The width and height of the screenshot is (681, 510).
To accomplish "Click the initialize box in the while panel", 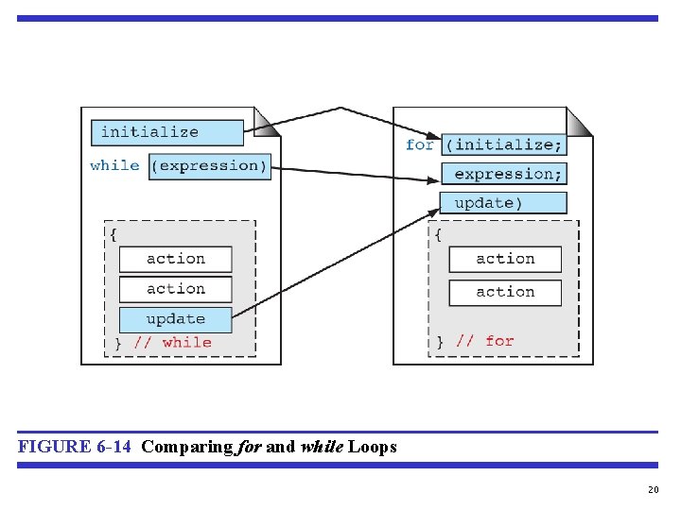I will coord(167,132).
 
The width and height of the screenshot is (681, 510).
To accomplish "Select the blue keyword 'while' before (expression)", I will coord(114,165).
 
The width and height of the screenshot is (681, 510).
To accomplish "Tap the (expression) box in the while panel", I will coord(210,166).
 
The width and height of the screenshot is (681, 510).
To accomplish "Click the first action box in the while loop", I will coord(175,259).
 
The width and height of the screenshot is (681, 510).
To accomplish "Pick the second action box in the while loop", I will coord(175,289).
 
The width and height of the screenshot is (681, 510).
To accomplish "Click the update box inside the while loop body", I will coord(175,319).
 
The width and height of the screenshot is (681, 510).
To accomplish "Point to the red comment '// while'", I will coord(172,343).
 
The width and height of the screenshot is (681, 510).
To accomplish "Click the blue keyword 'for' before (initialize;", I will coord(419,144).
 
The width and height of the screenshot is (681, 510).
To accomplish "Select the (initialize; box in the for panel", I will coord(504,144).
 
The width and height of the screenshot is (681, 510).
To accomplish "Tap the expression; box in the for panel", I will coord(504,174).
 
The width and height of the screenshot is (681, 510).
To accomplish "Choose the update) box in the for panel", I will coord(504,203).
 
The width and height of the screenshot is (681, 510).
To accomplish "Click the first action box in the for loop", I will coord(505,259).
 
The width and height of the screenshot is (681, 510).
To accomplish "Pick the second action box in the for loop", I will coord(505,293).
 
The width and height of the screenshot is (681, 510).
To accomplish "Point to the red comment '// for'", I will coord(484,341).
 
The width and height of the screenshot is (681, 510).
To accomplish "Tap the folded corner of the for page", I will coord(578,123).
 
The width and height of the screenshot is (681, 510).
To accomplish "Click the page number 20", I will coord(653,489).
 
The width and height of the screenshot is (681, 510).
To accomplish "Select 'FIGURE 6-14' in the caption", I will coord(74,447).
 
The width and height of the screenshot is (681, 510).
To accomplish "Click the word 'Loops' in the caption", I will coord(373,447).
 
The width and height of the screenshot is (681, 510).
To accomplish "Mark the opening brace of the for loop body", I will coord(437,235).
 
